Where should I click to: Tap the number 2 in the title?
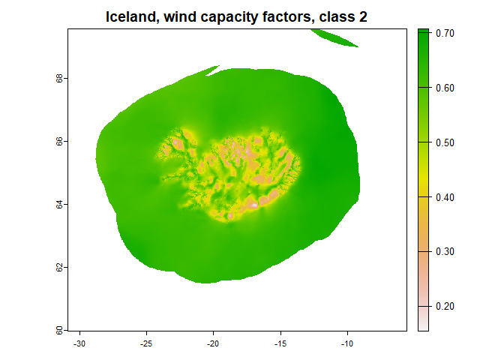point(363,17)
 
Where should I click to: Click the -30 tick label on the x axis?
point(79,344)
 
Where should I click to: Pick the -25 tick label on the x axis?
point(146,344)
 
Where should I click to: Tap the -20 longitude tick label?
point(213,344)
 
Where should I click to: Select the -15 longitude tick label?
point(280,344)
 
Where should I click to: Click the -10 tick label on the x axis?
point(347,344)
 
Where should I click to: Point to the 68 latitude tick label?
point(59,79)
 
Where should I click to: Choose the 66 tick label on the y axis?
point(59,142)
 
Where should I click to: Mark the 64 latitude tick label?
point(59,205)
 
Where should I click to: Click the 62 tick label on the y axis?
point(59,268)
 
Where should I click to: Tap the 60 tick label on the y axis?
point(59,330)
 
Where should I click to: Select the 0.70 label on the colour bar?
point(445,33)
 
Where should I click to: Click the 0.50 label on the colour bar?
point(445,142)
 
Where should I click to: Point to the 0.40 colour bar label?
point(445,197)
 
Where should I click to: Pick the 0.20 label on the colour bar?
point(445,306)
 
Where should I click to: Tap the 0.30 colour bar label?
point(445,251)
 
